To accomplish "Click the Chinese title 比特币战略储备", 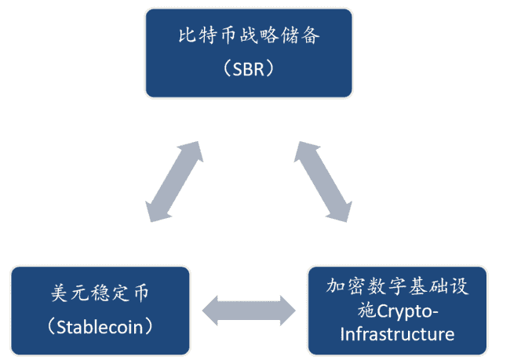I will point(248,36).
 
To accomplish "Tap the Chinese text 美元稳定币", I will point(100,294).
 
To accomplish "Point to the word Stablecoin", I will point(100,325).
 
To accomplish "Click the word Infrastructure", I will point(397,335).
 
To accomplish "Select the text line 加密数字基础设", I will point(397,286).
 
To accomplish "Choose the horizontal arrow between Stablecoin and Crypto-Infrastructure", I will point(249,311).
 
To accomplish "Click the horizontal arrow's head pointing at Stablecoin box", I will point(212,311).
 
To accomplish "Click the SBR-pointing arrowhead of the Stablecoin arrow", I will point(193,152).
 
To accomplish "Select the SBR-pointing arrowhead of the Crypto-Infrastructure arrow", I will point(306,152).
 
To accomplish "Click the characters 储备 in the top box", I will point(304,36).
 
